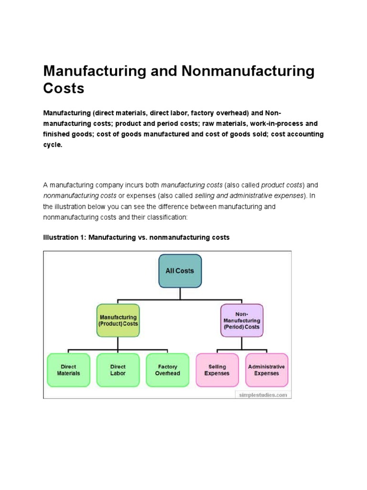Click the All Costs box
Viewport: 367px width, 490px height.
tap(180, 271)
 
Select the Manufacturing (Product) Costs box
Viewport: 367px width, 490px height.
tap(118, 321)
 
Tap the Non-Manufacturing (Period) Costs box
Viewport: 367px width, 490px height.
tap(241, 321)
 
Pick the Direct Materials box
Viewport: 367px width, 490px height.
tap(68, 370)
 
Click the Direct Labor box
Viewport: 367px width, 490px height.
tap(118, 370)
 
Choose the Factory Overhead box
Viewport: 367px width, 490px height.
tap(167, 370)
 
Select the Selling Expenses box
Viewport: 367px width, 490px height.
tap(217, 370)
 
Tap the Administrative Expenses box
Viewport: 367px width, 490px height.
tap(266, 370)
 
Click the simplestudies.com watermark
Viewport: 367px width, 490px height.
tap(262, 395)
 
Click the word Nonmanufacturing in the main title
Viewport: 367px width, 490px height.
tap(248, 71)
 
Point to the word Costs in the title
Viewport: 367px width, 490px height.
tap(64, 89)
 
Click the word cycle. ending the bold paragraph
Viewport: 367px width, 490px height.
tap(53, 145)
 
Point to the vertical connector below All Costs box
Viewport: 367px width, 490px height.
tap(180, 294)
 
